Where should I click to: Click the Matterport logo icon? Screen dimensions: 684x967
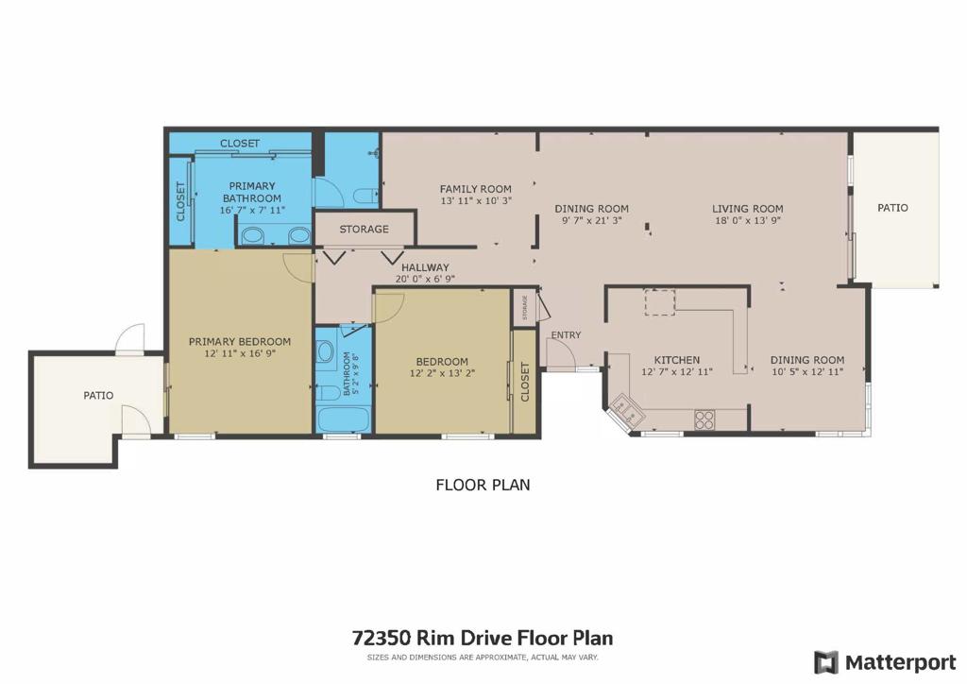[x=825, y=661]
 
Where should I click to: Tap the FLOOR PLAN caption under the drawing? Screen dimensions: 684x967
[x=483, y=485]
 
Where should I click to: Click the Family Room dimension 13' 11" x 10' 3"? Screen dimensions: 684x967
[x=476, y=200]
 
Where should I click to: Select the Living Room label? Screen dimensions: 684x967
[x=747, y=209]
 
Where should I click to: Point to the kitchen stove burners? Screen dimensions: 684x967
[x=704, y=419]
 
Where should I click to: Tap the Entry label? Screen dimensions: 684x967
[x=567, y=335]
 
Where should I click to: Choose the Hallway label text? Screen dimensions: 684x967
[x=425, y=267]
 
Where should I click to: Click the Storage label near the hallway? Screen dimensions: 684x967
[x=365, y=229]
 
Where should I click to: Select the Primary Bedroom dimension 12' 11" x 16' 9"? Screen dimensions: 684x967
[x=240, y=353]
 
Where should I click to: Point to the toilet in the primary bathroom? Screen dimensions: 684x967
[x=364, y=196]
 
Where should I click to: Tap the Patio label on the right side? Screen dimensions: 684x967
[x=892, y=207]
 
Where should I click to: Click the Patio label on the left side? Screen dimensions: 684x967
[x=98, y=395]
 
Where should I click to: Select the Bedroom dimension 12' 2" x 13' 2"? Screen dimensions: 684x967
[x=442, y=373]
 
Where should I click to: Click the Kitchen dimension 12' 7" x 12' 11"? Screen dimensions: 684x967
[x=677, y=372]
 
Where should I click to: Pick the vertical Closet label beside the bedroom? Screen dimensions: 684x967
[x=525, y=382]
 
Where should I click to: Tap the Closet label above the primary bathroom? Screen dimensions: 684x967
[x=240, y=143]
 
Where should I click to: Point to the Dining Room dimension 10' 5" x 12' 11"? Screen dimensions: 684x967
[x=806, y=372]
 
